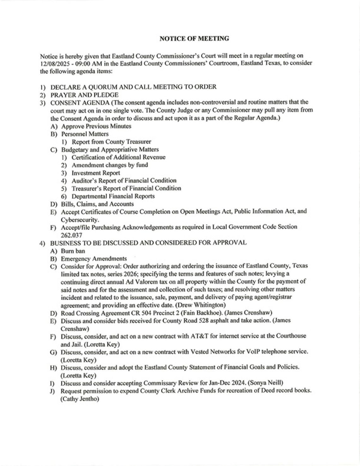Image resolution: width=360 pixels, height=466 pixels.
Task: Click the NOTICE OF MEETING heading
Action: pos(194,39)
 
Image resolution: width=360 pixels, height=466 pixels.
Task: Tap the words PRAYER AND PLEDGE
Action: pos(85,95)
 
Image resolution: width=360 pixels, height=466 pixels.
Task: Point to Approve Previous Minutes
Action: pos(96,126)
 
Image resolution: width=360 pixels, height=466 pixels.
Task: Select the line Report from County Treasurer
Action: pos(111,142)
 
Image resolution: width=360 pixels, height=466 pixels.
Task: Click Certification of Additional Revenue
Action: pos(118,157)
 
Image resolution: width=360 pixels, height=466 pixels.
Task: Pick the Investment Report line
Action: pos(96,173)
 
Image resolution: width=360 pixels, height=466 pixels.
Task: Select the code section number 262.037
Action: pos(71,235)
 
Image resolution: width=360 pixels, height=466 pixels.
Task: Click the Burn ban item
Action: pos(73,251)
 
